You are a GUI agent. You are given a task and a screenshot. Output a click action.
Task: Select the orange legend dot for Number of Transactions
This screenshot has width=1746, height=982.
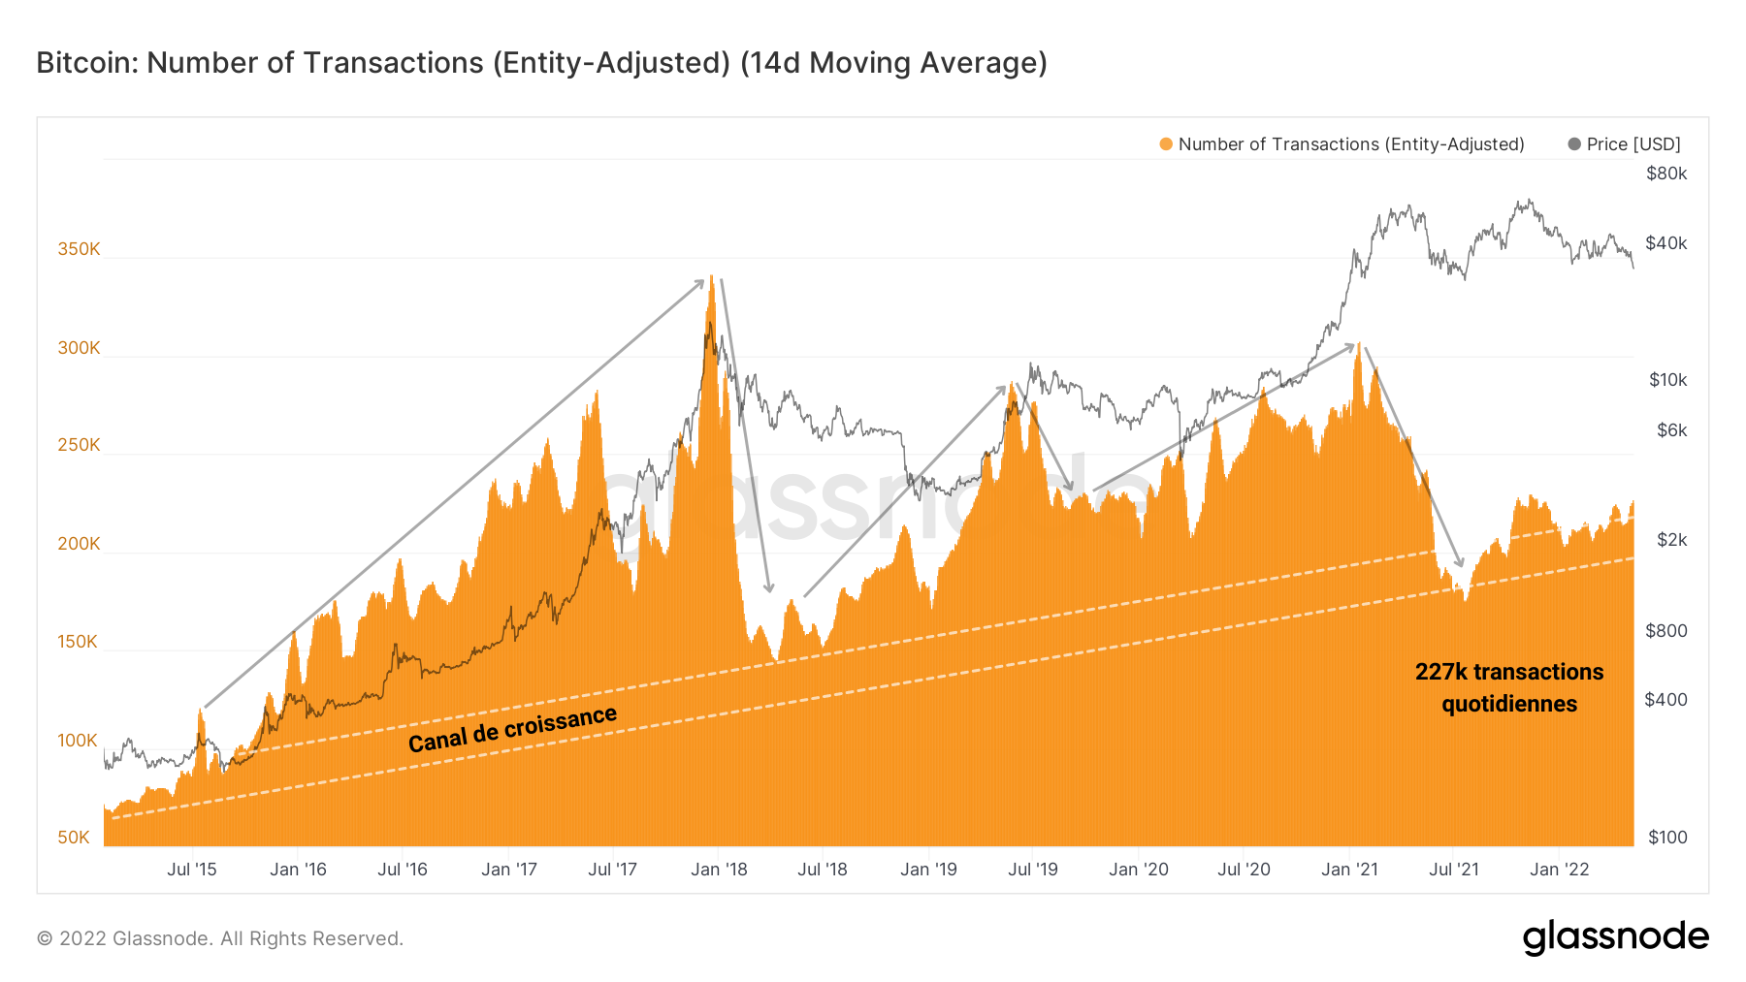(1166, 144)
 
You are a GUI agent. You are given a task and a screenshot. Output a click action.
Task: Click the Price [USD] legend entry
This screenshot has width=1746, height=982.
(1633, 144)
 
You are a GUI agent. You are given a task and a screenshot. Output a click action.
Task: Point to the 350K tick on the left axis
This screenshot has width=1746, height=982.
(79, 249)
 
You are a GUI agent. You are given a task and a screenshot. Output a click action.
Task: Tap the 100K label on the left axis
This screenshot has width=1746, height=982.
(78, 741)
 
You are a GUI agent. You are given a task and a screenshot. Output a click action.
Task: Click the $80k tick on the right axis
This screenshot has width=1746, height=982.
(1666, 174)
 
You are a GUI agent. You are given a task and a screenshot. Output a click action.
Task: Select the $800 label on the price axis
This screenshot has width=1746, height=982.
(1666, 631)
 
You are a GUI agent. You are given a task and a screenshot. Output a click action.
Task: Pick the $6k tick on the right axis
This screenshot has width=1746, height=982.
(1671, 429)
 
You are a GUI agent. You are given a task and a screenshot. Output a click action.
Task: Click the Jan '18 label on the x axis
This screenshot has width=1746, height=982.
(719, 870)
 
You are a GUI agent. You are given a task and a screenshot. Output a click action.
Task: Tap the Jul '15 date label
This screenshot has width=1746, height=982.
(192, 870)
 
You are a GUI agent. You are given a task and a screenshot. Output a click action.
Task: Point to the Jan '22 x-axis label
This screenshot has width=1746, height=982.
(1559, 870)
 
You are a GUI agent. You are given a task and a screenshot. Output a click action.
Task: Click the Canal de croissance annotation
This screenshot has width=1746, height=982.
(512, 729)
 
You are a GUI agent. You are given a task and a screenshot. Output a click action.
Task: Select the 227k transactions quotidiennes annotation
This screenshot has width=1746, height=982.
(1509, 687)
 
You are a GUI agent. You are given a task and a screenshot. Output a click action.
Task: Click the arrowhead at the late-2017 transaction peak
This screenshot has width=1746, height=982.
(700, 282)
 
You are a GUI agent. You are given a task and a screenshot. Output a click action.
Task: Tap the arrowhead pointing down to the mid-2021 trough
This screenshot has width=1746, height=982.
(1460, 563)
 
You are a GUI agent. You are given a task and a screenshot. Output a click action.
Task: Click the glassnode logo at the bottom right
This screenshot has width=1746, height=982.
(1615, 937)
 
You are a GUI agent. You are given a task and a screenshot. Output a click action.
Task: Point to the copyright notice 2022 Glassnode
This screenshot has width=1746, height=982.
(220, 938)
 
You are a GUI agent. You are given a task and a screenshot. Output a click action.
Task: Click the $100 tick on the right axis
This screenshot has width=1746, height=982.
(1667, 838)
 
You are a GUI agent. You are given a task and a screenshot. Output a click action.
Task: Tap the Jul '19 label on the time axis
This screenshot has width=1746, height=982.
(1033, 870)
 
